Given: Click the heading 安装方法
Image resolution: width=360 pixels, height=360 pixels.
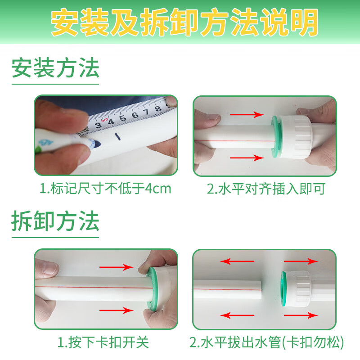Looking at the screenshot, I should tap(55, 69).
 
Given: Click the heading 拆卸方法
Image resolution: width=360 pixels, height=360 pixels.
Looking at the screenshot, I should tap(55, 222).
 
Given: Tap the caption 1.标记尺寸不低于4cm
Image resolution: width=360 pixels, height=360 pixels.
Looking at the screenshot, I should tap(106, 189).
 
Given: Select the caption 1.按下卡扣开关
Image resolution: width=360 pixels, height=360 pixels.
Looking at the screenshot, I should tap(103, 343).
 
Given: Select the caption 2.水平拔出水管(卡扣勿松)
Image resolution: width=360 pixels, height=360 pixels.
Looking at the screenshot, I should tap(266, 343).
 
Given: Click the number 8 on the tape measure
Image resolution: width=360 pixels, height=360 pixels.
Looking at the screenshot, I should tap(158, 109).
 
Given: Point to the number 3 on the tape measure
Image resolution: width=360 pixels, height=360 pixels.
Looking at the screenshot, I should tap(98, 125).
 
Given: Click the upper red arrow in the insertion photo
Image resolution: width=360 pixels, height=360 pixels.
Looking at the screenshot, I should tap(246, 115).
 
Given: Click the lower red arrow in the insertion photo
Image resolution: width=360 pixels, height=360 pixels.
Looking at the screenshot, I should tap(246, 157).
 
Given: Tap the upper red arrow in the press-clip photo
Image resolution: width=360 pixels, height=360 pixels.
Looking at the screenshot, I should tap(117, 267).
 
